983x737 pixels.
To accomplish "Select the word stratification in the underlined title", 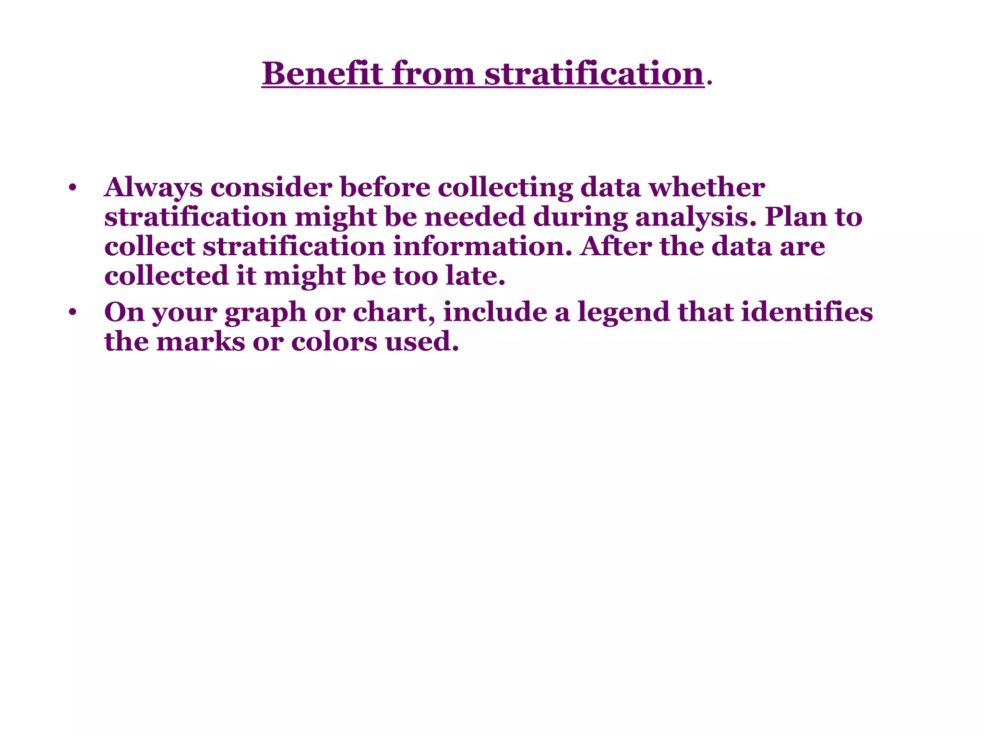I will (594, 74).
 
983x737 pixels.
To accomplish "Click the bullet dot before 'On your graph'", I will (72, 313).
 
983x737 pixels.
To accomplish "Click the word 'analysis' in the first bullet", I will (691, 217).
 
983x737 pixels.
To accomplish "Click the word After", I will (616, 247).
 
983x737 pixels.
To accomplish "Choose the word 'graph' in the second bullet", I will (265, 313).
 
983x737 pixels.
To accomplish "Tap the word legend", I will (623, 313).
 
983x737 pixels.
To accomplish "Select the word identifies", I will (807, 313).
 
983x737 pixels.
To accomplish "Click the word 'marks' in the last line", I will (201, 342).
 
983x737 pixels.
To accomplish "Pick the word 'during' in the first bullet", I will (580, 217).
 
